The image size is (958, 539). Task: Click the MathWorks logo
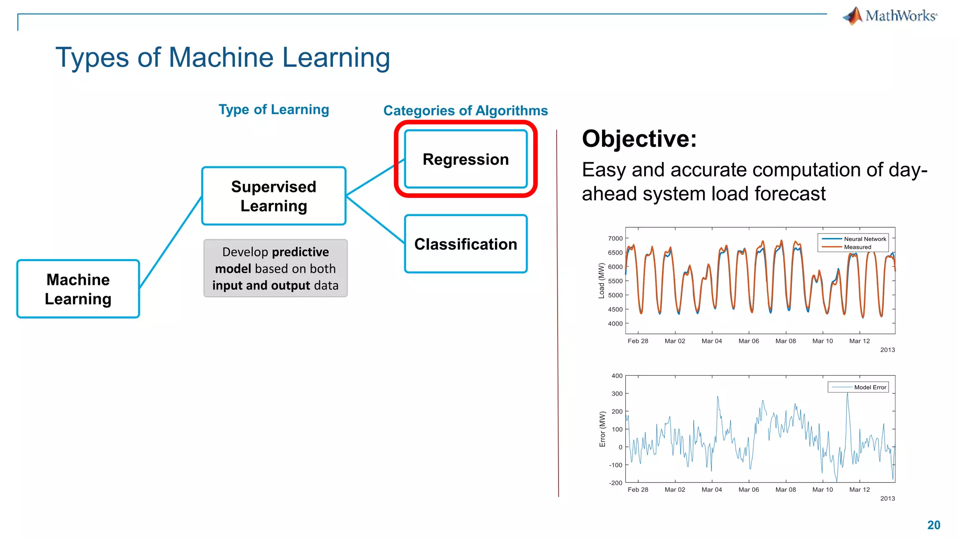click(x=890, y=16)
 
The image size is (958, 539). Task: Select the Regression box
click(x=465, y=159)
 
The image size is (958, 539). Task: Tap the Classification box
click(x=465, y=244)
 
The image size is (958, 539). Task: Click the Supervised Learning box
click(x=274, y=196)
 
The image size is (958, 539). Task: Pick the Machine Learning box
click(x=78, y=289)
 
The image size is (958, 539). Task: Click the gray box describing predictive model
click(x=276, y=268)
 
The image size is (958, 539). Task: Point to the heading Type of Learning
click(x=274, y=109)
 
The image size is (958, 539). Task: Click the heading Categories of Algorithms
click(x=465, y=110)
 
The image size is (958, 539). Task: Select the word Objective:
click(x=639, y=139)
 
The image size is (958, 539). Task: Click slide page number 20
click(x=933, y=525)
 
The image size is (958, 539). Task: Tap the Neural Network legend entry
click(x=864, y=239)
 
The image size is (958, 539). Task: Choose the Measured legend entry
click(x=857, y=247)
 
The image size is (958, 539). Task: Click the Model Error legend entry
click(x=870, y=387)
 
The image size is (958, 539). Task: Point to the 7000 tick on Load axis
click(x=615, y=239)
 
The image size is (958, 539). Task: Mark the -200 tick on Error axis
click(x=616, y=483)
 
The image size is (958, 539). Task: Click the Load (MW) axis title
click(x=602, y=281)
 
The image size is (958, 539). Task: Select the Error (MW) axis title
click(x=602, y=429)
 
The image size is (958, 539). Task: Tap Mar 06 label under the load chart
click(x=748, y=341)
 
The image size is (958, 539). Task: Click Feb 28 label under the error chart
click(x=638, y=490)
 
